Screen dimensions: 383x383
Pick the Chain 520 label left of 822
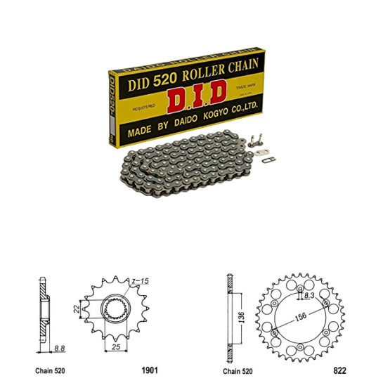[x=240, y=370]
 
